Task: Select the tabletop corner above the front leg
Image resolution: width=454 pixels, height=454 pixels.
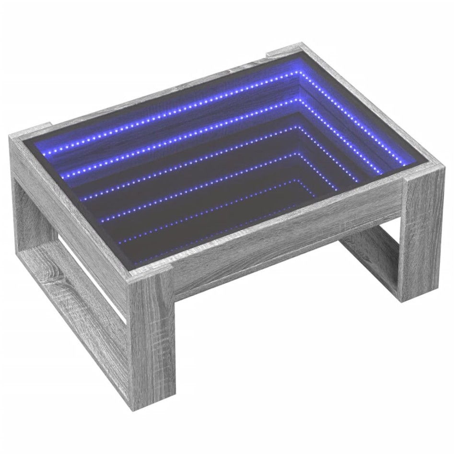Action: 144,273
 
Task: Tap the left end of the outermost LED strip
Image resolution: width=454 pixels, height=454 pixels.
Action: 48,153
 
